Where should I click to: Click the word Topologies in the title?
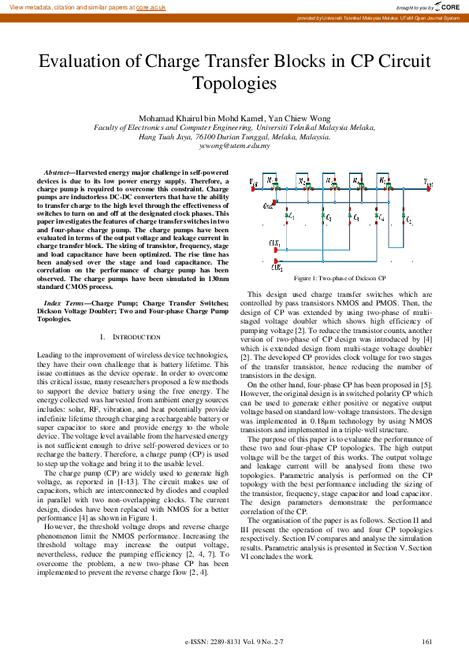[234, 83]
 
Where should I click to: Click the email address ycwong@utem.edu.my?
[234, 146]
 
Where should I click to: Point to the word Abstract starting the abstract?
[56, 171]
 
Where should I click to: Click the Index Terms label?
[65, 302]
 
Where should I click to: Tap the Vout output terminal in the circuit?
[429, 182]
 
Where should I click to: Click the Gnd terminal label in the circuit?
[268, 206]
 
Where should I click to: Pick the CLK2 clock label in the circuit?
[276, 267]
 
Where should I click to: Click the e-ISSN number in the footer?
[233, 643]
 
